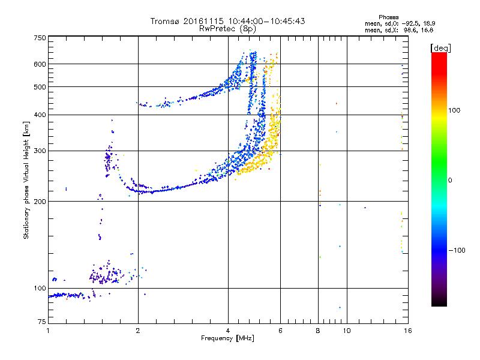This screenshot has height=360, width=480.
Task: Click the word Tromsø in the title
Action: [164, 21]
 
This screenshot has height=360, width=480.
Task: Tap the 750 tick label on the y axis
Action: [40, 38]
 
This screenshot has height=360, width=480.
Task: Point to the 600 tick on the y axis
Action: [40, 64]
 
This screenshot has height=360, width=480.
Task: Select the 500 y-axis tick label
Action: [40, 87]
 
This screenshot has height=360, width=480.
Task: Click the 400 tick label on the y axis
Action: [40, 115]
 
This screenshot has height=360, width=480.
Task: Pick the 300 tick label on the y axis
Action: [40, 151]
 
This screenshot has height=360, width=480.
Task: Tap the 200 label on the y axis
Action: [40, 201]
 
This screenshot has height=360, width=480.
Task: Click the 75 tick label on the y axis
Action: [41, 322]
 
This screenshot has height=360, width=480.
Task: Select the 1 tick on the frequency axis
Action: [48, 331]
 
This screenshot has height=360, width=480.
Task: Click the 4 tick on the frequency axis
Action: [228, 331]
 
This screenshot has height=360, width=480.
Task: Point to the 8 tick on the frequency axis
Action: [318, 331]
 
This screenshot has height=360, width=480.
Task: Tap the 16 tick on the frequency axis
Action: [407, 331]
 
